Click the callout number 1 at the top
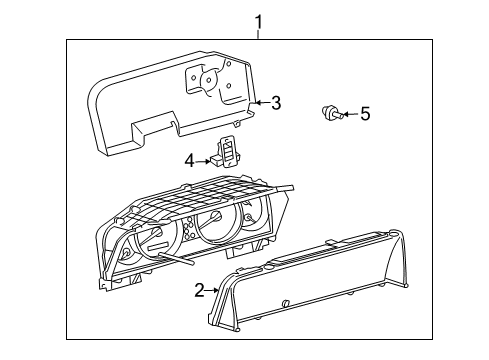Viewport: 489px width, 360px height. pyautogui.click(x=258, y=21)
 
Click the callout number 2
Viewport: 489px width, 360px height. pyautogui.click(x=200, y=290)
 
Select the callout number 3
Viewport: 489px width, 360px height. pyautogui.click(x=276, y=102)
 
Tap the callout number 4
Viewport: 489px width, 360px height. pyautogui.click(x=189, y=158)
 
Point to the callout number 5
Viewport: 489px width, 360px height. pyautogui.click(x=365, y=114)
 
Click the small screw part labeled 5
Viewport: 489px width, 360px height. pyautogui.click(x=331, y=113)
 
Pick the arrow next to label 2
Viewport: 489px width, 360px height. pyautogui.click(x=215, y=290)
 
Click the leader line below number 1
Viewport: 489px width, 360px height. pyautogui.click(x=258, y=35)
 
